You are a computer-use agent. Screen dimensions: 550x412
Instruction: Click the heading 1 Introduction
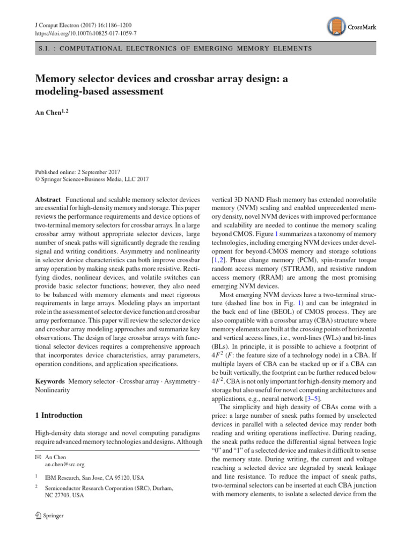(59, 415)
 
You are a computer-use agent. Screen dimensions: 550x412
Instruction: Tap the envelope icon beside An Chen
(38, 457)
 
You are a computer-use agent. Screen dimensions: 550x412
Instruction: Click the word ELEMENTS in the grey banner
(293, 48)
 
